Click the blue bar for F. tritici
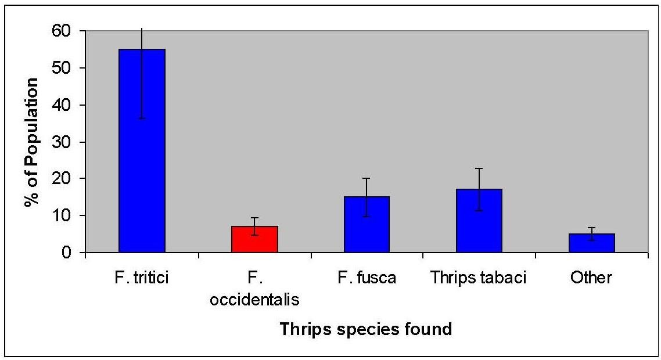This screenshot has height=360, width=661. point(142,151)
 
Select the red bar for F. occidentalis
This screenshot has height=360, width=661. point(254,239)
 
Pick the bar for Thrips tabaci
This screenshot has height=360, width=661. point(479,221)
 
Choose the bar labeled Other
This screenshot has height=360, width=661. point(591,243)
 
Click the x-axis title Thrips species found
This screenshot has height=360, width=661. point(365,329)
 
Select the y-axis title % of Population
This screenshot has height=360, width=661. point(31,142)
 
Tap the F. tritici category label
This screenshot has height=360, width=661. point(141,278)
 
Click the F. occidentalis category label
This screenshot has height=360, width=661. point(254,289)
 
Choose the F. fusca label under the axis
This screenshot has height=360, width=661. point(367,278)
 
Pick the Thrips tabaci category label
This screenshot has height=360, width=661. point(479,278)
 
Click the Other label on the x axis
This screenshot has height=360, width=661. point(591,278)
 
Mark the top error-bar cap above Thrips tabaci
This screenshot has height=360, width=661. point(479,168)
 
